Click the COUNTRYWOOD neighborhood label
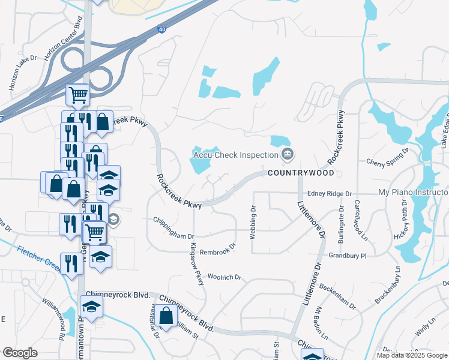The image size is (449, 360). coord(300,173)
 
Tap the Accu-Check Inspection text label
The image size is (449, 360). coord(235,154)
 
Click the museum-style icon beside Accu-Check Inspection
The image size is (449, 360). coord(288,154)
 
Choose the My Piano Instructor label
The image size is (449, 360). coord(413,193)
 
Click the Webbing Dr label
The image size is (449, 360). coord(253,221)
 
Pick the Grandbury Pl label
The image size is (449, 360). coord(347,256)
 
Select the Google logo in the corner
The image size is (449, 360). coord(19,353)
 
